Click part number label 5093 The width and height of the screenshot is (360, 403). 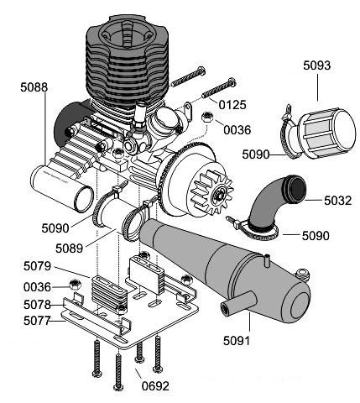coord(316,65)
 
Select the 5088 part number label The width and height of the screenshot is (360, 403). coord(34,87)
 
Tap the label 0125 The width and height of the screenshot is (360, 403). coord(232,105)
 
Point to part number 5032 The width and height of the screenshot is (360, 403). coord(337,201)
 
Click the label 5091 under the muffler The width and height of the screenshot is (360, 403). coord(237,341)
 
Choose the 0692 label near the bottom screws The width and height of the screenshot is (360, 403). coord(155,386)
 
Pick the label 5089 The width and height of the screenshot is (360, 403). coord(69,249)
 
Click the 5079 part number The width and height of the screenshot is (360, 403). coord(37,266)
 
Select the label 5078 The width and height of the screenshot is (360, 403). coord(37,305)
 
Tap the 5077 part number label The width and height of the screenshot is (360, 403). coord(37,321)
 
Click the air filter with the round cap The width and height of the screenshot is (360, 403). coord(325,133)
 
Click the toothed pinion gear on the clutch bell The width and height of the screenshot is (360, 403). coord(213,191)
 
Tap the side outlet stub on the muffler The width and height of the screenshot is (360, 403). coord(238,303)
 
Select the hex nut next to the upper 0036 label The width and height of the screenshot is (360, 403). coord(207,117)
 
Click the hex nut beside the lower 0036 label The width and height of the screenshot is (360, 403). coord(75,285)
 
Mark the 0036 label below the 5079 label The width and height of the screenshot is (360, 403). coord(37,287)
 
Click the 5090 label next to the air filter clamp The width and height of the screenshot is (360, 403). coord(255,154)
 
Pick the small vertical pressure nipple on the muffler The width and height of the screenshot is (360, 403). coord(267,259)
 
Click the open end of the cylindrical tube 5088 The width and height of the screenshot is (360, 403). coord(84,198)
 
